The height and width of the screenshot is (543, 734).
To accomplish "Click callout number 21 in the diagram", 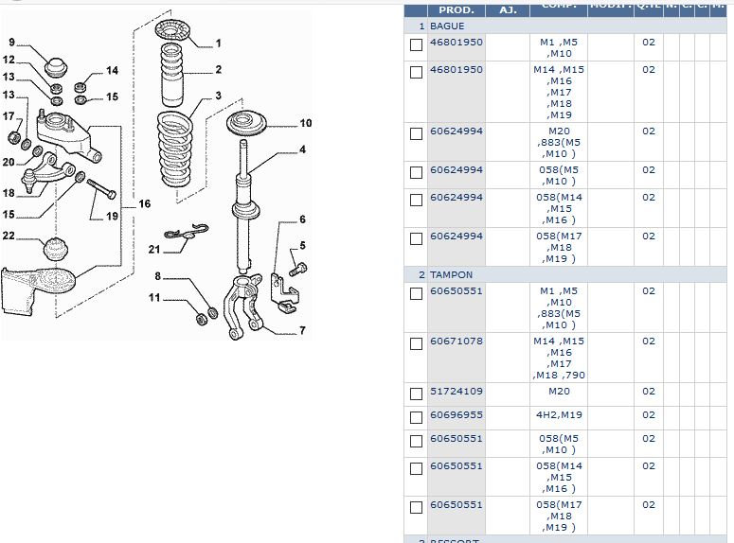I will click(x=154, y=249).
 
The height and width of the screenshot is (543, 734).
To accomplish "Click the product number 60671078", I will click(x=456, y=342).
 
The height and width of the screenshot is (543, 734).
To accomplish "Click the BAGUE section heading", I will click(x=447, y=26).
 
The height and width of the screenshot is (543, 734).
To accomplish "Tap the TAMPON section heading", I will click(x=451, y=274).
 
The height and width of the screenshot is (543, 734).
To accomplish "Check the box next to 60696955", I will click(x=416, y=417).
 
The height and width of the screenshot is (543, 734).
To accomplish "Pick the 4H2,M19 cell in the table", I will click(x=559, y=414).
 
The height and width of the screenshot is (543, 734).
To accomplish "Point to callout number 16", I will click(x=144, y=204).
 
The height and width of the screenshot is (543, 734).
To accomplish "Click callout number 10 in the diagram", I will click(x=306, y=123).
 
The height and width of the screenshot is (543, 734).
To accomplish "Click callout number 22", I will click(x=9, y=236).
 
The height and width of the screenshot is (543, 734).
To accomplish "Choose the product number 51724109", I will click(x=456, y=391).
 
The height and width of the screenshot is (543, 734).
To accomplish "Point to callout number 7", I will click(x=302, y=331).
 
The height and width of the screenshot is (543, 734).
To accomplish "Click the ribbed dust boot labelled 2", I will click(x=173, y=76).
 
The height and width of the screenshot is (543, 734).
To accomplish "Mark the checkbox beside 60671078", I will click(x=416, y=343).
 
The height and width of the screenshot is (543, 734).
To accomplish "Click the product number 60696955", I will click(x=456, y=414).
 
